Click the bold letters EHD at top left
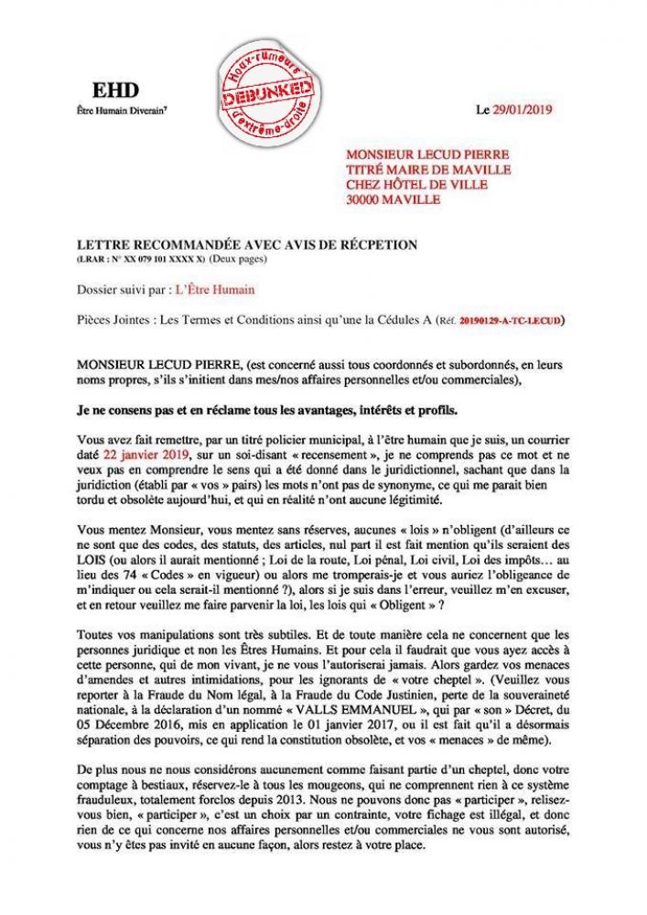coord(107,89)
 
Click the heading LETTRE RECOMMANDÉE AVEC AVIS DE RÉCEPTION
coord(247,244)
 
